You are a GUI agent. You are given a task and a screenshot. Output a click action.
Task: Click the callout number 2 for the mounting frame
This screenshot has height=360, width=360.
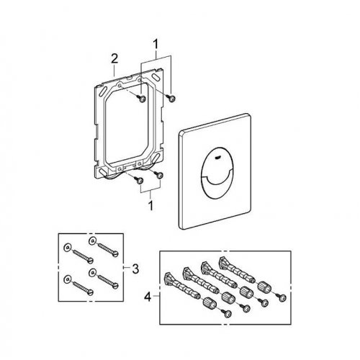(114, 59)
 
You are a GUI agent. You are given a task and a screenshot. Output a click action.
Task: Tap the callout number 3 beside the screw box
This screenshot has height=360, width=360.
(135, 269)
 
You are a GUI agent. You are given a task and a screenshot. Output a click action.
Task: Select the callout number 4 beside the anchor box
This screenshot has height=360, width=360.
(148, 297)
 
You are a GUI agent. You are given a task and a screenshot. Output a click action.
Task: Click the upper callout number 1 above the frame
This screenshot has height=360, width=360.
(156, 45)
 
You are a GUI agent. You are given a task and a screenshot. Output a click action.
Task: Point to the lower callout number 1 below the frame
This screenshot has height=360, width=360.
(150, 206)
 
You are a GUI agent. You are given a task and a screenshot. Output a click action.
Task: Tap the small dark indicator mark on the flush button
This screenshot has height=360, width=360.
(218, 158)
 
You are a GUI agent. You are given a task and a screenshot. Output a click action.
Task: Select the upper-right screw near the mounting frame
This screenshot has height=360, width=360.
(171, 98)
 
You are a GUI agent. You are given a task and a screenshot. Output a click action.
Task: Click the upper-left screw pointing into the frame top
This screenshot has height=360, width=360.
(141, 98)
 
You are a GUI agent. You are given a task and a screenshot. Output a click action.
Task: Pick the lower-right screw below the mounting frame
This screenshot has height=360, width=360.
(159, 174)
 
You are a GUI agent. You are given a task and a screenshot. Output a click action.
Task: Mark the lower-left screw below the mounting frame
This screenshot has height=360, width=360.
(139, 180)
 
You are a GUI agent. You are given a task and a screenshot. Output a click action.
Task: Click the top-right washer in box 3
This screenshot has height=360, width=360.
(92, 240)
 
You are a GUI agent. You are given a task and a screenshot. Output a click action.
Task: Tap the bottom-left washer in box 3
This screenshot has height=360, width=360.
(68, 279)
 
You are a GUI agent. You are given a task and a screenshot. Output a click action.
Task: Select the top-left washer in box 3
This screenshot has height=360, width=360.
(67, 248)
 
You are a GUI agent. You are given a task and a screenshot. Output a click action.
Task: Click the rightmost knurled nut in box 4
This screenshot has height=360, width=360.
(264, 286)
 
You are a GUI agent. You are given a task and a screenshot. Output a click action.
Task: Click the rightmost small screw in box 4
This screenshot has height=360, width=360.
(282, 297)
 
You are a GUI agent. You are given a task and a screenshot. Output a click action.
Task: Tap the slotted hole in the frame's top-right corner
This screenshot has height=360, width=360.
(156, 78)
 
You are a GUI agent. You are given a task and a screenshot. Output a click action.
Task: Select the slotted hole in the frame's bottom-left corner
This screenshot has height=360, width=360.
(102, 172)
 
